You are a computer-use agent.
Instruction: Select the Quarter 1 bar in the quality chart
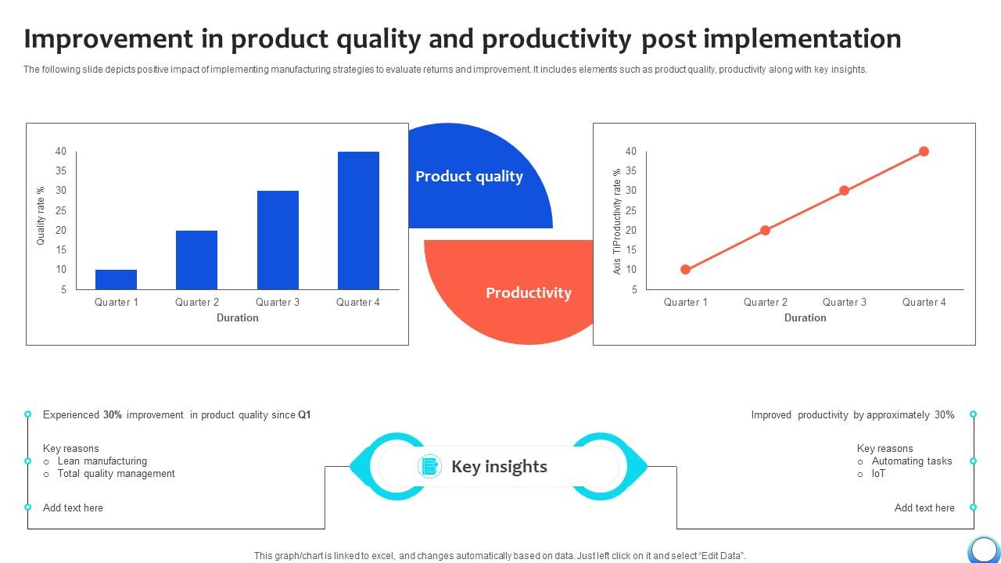pyautogui.click(x=116, y=279)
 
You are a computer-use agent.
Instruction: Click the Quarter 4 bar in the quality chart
pyautogui.click(x=358, y=221)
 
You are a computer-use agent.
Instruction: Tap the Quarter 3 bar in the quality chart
pyautogui.click(x=278, y=240)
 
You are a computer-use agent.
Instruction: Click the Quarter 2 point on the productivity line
pyautogui.click(x=765, y=230)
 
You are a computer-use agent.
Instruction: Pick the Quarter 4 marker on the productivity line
pyautogui.click(x=924, y=152)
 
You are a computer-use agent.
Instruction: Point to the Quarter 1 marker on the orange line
pyautogui.click(x=685, y=270)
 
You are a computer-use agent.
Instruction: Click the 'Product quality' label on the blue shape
pyautogui.click(x=468, y=177)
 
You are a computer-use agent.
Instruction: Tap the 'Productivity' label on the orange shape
pyautogui.click(x=528, y=293)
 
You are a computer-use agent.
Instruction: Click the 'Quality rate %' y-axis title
pyautogui.click(x=41, y=216)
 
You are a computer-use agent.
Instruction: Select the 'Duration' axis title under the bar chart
pyautogui.click(x=237, y=317)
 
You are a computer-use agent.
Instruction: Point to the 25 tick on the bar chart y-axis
pyautogui.click(x=60, y=210)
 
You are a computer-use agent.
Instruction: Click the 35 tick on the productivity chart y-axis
pyautogui.click(x=630, y=171)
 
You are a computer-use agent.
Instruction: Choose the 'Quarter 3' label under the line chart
pyautogui.click(x=844, y=302)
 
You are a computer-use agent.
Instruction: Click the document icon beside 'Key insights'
pyautogui.click(x=429, y=466)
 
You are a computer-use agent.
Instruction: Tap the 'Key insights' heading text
pyautogui.click(x=499, y=467)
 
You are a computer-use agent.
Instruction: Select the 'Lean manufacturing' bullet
pyautogui.click(x=102, y=461)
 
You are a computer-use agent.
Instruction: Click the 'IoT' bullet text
pyautogui.click(x=878, y=474)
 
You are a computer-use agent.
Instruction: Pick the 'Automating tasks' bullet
pyautogui.click(x=911, y=461)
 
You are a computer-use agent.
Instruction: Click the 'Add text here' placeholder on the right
pyautogui.click(x=924, y=507)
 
